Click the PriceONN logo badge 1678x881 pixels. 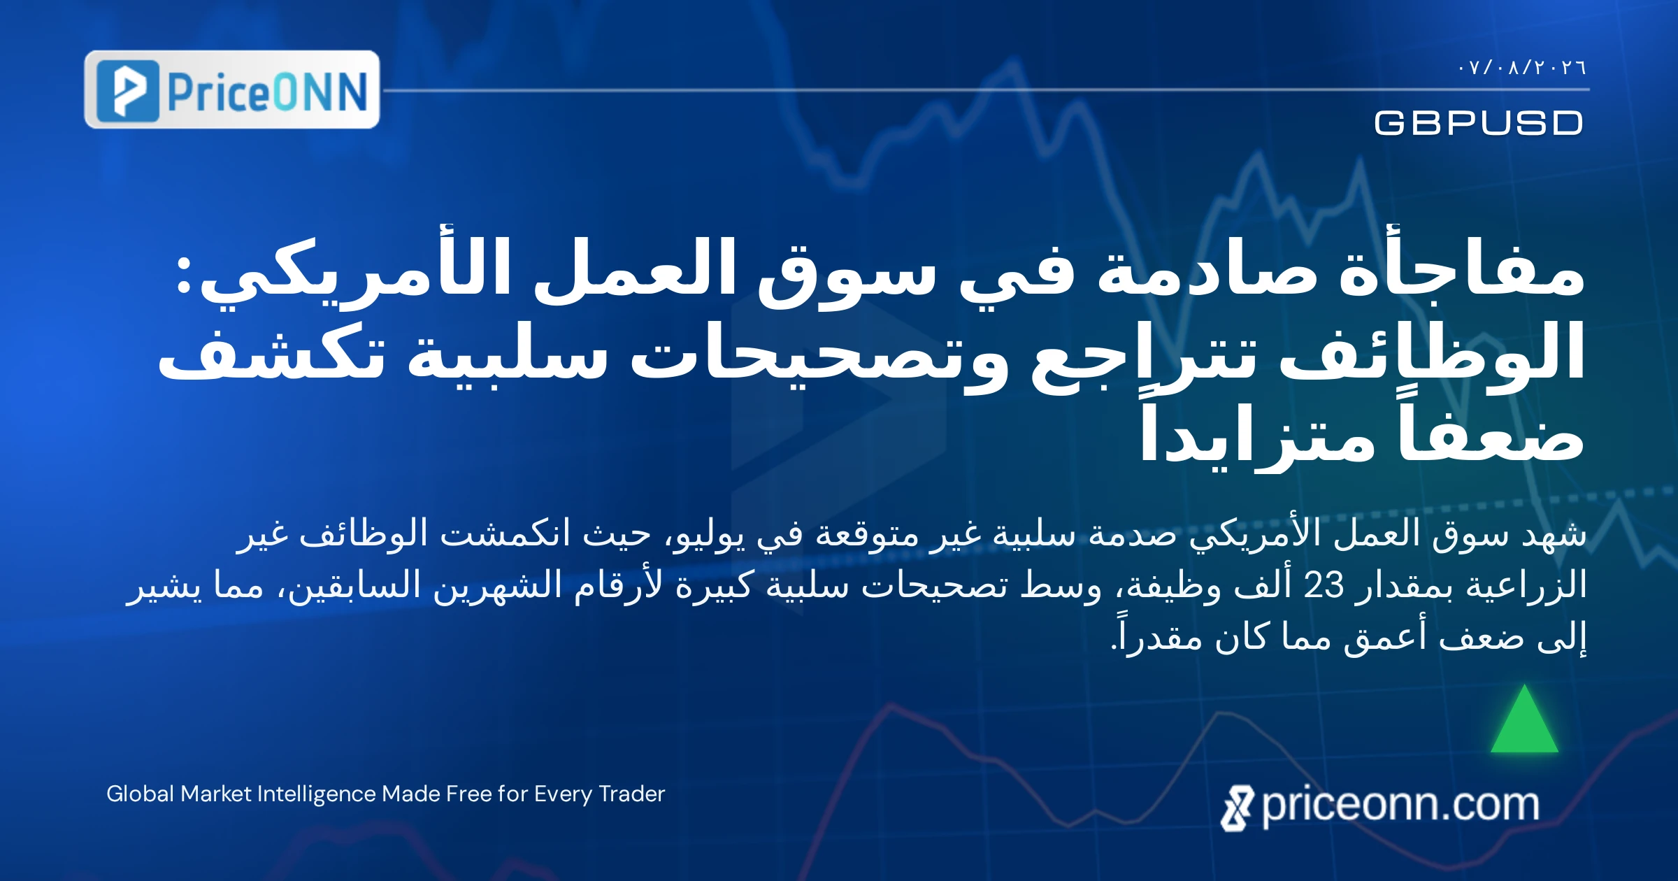[232, 89]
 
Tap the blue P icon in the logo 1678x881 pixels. [128, 91]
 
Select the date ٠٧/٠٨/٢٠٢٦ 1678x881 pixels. [1522, 68]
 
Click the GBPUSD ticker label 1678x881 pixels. [1479, 123]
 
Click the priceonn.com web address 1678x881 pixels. [1400, 805]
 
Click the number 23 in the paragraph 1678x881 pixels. [1324, 585]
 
